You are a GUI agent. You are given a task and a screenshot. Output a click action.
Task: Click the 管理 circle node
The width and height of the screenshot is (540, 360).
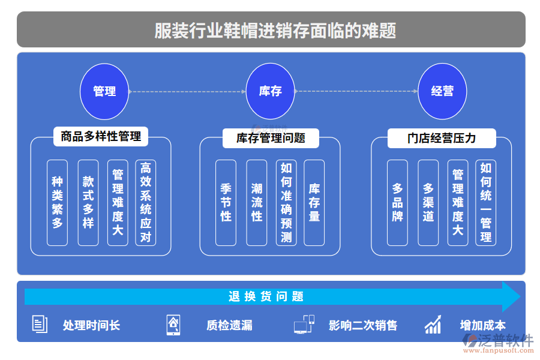coord(104,91)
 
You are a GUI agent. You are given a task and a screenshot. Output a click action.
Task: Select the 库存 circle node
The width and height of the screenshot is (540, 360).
coord(271,91)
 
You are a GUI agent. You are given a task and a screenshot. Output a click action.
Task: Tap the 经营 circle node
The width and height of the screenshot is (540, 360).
coord(442,91)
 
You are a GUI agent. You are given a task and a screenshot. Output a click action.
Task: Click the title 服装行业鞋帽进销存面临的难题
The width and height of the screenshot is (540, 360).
coord(271,29)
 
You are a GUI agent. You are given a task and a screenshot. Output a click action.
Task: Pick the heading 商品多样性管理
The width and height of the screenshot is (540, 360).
coord(101,136)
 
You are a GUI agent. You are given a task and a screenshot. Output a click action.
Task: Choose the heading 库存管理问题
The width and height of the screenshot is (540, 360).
coord(271,138)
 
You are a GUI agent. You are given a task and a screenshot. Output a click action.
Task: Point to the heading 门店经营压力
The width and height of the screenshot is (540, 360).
coord(442,138)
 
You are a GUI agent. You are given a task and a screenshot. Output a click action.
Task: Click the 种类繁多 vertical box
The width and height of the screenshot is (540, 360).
coord(58,202)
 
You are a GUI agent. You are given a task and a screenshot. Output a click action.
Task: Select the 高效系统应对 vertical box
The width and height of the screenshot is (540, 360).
coord(145,202)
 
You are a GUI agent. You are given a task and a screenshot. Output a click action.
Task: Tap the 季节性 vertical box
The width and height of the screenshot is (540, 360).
coord(226,202)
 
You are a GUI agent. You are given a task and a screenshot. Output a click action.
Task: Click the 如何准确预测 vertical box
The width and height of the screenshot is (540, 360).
coord(286,202)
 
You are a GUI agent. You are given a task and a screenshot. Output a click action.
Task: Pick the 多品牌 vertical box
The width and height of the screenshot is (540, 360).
coord(397,202)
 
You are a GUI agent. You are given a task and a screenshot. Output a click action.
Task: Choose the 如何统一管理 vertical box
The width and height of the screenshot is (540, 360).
coord(486,202)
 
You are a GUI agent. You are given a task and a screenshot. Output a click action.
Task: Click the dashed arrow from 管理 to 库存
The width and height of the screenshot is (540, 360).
coord(187,92)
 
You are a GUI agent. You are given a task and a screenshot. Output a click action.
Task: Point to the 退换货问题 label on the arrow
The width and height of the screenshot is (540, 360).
coord(266,296)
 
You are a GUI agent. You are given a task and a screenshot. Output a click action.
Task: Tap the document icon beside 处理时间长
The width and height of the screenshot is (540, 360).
coord(40,325)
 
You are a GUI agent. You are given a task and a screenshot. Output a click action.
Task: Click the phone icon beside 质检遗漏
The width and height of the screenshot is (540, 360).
coord(173,325)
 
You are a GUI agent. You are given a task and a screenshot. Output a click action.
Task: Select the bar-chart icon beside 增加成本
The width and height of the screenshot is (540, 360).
coord(433,325)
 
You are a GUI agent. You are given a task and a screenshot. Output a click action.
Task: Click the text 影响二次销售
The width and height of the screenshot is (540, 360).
coord(363,325)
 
